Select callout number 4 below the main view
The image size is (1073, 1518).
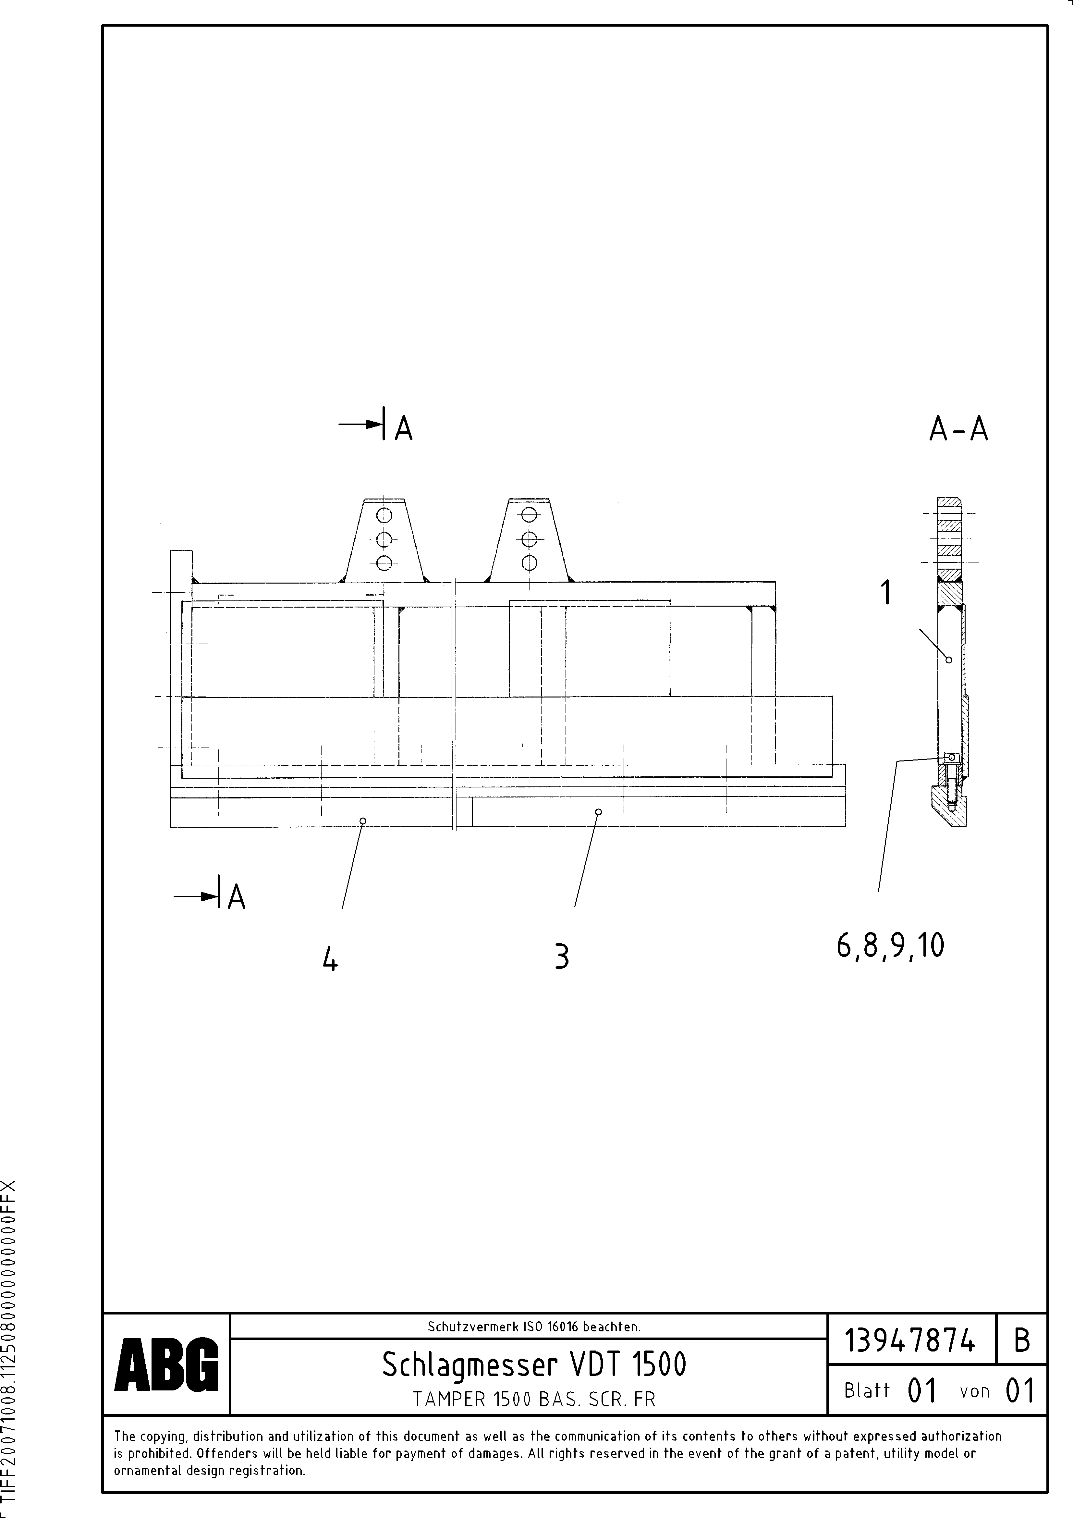[330, 959]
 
